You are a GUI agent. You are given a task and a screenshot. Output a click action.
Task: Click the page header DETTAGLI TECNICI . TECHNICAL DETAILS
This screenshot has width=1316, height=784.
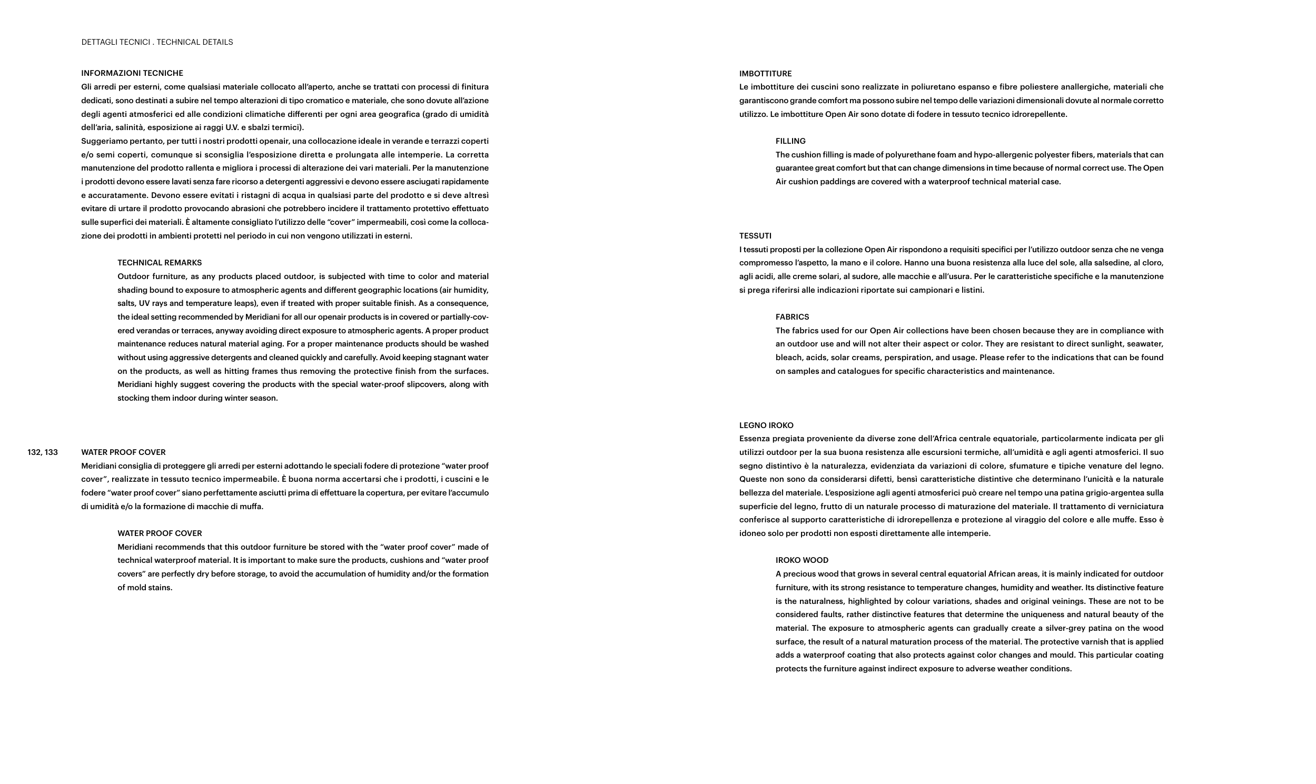(x=157, y=42)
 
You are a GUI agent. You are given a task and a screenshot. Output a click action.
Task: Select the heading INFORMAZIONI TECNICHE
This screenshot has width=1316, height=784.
(x=132, y=73)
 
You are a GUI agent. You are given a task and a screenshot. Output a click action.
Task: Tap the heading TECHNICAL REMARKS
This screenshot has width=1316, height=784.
(x=160, y=263)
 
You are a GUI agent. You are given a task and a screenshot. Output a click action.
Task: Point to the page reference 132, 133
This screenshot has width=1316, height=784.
(x=43, y=452)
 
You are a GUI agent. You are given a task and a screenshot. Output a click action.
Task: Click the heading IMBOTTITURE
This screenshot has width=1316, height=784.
(x=765, y=73)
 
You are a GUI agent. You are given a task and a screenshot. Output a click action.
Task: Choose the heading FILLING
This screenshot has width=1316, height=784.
(x=790, y=141)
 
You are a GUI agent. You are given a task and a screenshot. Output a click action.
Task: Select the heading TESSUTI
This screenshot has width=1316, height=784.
(x=755, y=236)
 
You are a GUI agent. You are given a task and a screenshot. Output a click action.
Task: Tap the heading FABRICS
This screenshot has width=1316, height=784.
(x=792, y=317)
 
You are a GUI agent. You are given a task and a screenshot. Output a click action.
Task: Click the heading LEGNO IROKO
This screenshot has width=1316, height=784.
(x=766, y=425)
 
